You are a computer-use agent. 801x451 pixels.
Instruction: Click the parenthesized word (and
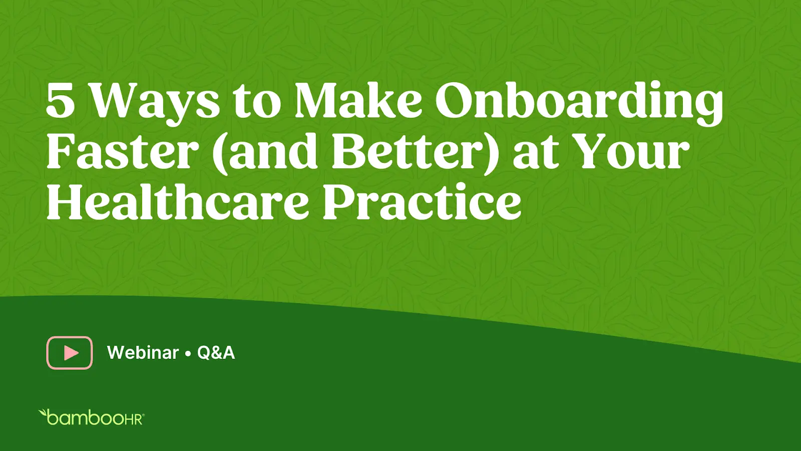tap(266, 152)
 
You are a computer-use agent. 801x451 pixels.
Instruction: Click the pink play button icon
tap(70, 353)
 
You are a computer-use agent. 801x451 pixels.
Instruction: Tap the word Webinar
tap(143, 353)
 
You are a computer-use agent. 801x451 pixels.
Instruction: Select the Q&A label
tap(216, 353)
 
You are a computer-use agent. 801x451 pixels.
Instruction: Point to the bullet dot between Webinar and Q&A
tap(188, 354)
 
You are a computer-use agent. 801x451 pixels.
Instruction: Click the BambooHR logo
tap(91, 417)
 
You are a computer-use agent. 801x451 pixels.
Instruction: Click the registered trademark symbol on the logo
tap(143, 415)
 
